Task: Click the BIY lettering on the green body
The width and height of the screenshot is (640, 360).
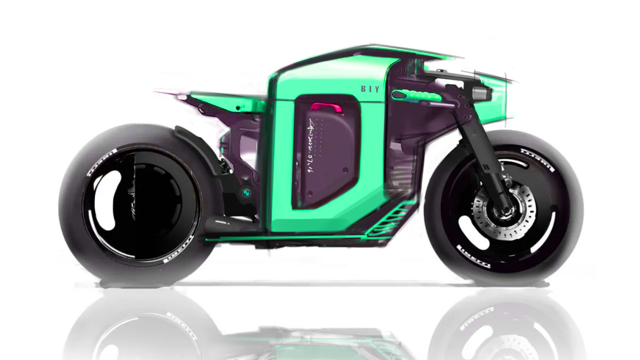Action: (370, 89)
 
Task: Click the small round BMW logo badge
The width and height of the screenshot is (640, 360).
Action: (246, 193)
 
